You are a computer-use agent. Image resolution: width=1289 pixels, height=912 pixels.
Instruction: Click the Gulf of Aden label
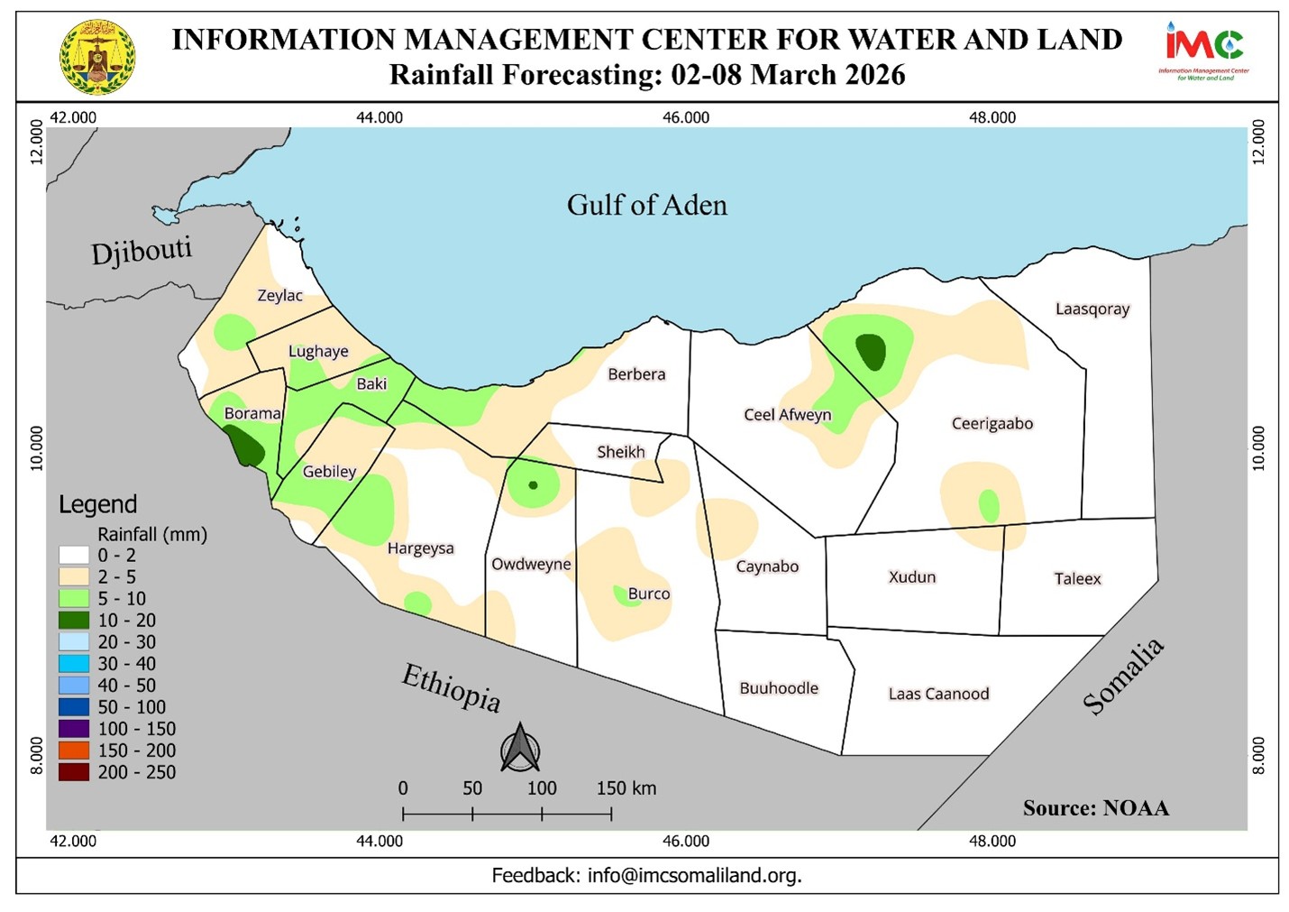[646, 206]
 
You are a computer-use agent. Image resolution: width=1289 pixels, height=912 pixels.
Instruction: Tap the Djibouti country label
[142, 251]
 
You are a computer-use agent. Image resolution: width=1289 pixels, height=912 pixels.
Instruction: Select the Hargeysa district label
[420, 548]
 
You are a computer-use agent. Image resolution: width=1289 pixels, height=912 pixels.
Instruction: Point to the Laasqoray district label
[1092, 309]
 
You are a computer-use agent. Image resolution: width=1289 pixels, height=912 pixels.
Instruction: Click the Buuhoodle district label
[779, 688]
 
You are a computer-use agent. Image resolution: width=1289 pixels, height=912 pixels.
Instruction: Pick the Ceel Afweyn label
[787, 415]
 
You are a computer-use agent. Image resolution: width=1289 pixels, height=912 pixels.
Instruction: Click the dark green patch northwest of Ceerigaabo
[871, 352]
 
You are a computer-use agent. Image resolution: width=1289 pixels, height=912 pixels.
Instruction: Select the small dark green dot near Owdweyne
[533, 485]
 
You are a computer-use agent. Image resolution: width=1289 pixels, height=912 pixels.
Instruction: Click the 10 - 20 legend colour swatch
[74, 621]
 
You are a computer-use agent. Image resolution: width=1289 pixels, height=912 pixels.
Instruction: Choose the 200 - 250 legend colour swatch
[74, 772]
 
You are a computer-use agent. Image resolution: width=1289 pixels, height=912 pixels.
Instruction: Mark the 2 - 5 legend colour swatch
[74, 577]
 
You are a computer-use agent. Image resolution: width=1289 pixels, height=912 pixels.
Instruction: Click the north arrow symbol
[520, 749]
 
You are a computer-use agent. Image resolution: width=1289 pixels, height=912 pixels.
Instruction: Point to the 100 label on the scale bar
[541, 788]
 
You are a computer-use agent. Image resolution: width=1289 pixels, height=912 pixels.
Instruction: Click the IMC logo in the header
[1203, 50]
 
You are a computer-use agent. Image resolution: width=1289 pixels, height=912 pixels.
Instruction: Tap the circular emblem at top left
[97, 57]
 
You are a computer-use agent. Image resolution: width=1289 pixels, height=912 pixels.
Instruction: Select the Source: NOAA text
[1095, 808]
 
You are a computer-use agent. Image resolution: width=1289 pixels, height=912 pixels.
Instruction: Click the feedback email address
[694, 875]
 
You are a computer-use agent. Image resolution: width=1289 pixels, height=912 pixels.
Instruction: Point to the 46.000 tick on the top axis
[686, 117]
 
